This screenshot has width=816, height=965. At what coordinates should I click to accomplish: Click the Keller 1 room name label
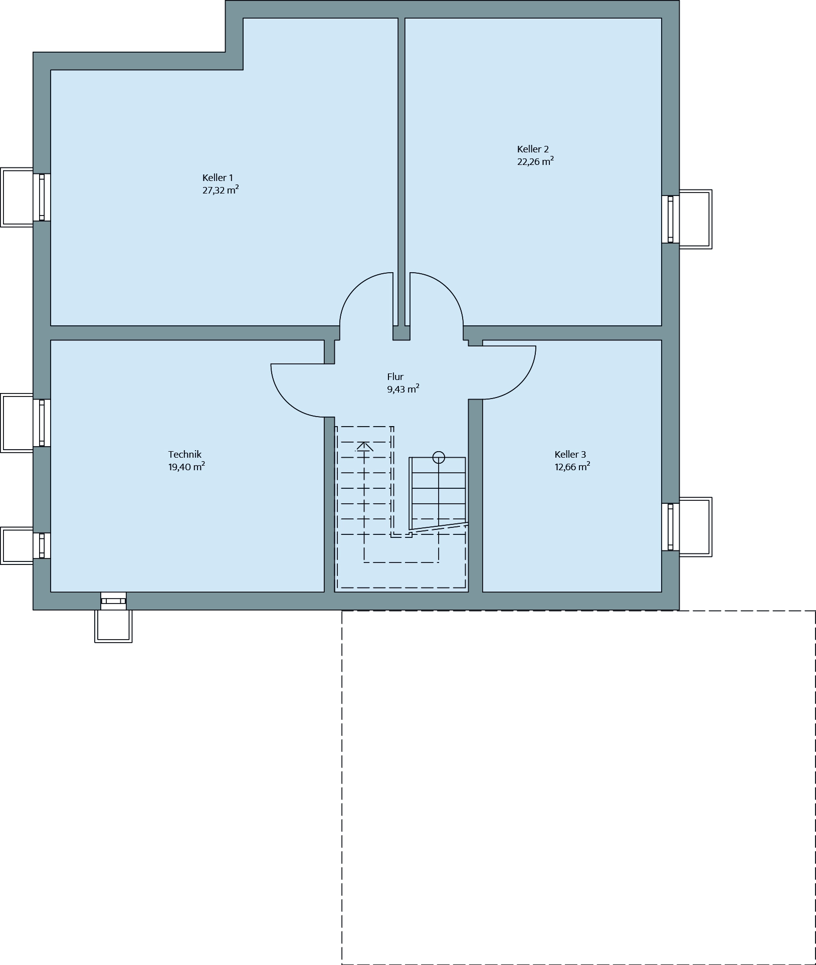click(218, 178)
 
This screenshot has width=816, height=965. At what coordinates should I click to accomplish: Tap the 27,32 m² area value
click(221, 190)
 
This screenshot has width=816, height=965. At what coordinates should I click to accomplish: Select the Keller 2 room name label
click(533, 149)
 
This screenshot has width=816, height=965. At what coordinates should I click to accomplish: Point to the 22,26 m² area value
click(535, 161)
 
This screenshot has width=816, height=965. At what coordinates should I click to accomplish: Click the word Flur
click(395, 377)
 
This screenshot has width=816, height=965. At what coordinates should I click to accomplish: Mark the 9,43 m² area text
click(403, 389)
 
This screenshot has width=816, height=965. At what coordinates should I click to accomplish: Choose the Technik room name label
click(185, 455)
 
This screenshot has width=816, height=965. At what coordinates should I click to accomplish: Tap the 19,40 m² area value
click(186, 467)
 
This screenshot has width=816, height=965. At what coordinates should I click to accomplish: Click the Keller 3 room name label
click(570, 455)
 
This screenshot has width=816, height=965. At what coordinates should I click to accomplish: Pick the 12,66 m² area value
click(572, 467)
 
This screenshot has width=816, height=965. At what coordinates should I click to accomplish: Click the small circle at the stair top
click(439, 457)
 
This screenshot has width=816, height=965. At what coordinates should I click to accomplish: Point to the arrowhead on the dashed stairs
click(364, 446)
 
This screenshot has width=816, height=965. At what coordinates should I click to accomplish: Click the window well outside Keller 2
click(695, 219)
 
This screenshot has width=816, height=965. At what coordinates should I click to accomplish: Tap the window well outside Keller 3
click(695, 527)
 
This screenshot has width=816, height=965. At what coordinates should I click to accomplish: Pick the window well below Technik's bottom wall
click(113, 626)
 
